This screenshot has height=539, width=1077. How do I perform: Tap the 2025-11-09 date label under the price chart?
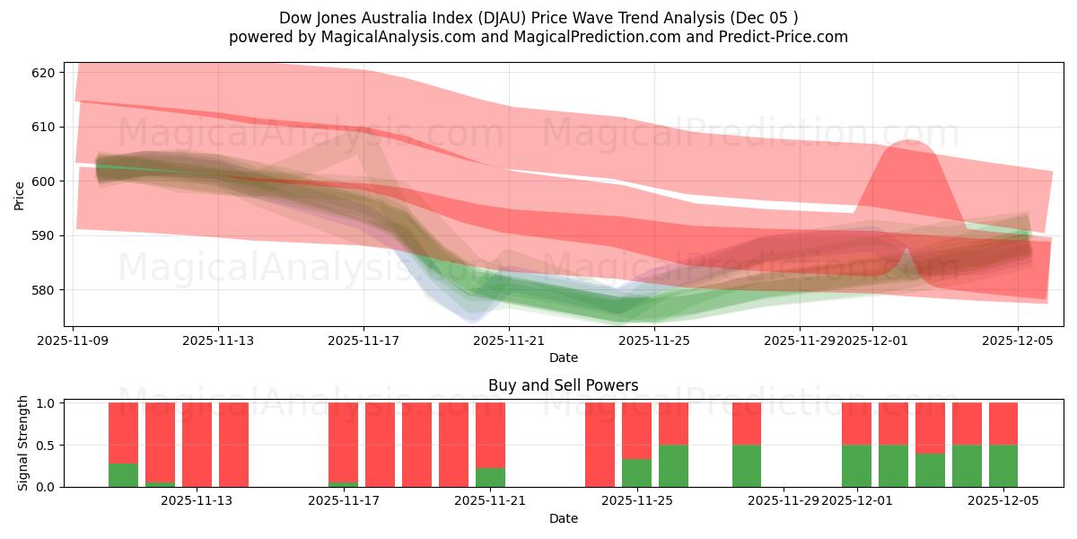[73, 341]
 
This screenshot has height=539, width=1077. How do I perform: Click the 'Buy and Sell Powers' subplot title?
[563, 385]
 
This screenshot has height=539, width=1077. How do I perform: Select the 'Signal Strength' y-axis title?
[23, 443]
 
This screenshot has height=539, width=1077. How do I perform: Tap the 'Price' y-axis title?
[20, 196]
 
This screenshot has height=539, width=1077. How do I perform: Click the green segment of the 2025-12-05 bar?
[1003, 465]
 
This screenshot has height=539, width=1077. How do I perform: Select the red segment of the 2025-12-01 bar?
[856, 423]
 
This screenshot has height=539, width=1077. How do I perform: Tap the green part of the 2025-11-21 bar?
[490, 477]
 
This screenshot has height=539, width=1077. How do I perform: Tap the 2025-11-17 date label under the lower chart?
[343, 501]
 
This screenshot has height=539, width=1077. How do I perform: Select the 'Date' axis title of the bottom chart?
[563, 518]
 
